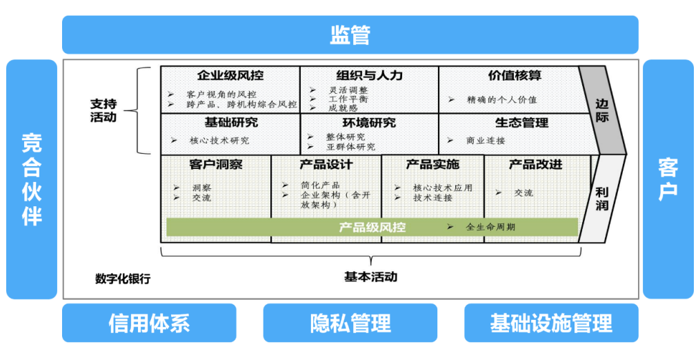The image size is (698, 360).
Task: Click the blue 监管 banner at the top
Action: [x=350, y=34]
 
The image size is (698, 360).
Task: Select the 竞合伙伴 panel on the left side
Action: [x=32, y=179]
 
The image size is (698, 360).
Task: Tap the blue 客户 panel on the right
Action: [x=668, y=179]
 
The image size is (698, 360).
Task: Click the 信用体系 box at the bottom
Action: [x=148, y=323]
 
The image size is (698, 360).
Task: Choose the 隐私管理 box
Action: [x=350, y=323]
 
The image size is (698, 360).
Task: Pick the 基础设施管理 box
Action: [x=551, y=323]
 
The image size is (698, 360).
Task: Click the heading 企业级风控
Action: [x=230, y=75]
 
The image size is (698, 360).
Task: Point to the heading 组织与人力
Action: [x=369, y=75]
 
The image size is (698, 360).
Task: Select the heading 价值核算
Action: [x=515, y=75]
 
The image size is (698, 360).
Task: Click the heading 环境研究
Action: [x=369, y=123]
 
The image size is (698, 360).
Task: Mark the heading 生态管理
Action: [x=521, y=123]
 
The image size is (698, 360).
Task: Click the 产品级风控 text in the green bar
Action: [x=372, y=227]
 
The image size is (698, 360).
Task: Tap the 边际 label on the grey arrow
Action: [x=602, y=110]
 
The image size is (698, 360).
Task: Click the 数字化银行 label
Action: [x=123, y=279]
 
